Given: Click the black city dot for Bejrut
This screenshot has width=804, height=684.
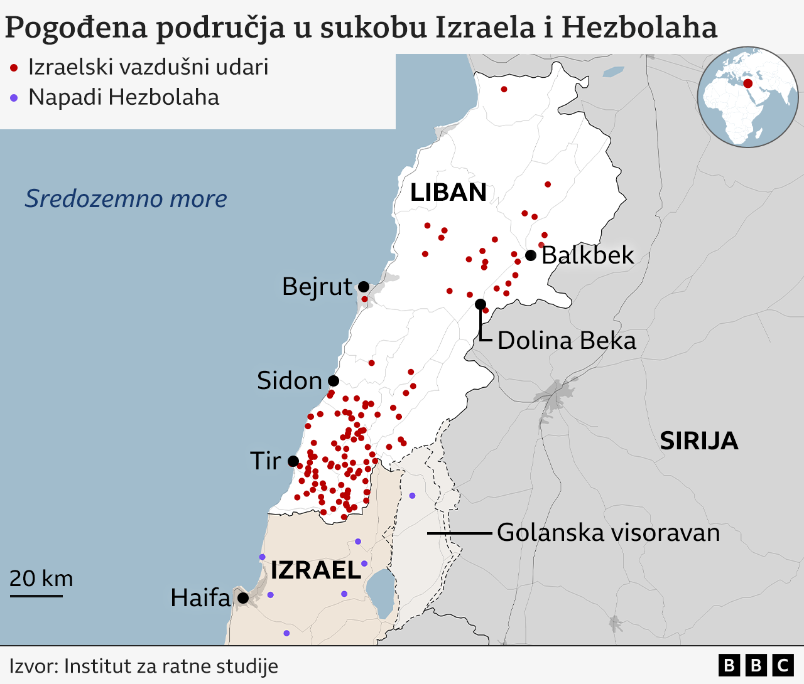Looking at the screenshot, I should click(363, 287).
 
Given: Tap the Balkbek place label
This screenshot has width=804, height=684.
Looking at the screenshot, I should click(587, 255).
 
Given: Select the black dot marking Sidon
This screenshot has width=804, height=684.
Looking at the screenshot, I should click(334, 381).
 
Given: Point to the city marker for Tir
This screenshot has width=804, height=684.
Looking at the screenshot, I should click(293, 461).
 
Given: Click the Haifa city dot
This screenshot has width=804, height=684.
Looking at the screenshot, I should click(243, 598).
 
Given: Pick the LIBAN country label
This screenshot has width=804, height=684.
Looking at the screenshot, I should click(448, 193).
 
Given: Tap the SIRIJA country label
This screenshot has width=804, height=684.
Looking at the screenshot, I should click(698, 441).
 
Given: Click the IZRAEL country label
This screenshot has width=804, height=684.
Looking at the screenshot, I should click(316, 570).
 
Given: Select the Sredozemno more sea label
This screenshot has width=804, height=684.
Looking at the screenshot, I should click(126, 198).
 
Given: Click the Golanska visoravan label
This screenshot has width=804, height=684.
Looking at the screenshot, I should click(608, 533).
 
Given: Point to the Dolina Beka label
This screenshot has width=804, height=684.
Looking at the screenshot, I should click(567, 341).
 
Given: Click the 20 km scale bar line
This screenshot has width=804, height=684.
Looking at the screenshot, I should click(36, 595).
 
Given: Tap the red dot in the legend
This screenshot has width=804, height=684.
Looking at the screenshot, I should click(14, 68).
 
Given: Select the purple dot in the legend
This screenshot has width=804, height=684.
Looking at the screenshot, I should click(14, 98).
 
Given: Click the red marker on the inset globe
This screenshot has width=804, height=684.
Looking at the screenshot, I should click(747, 83).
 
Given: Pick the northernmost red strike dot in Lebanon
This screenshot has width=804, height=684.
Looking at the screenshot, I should click(504, 89).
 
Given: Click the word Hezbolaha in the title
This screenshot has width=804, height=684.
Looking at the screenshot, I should click(639, 28).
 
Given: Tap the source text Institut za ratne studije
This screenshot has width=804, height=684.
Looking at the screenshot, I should click(171, 666).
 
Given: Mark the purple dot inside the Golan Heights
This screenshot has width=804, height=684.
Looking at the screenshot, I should click(412, 496).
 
